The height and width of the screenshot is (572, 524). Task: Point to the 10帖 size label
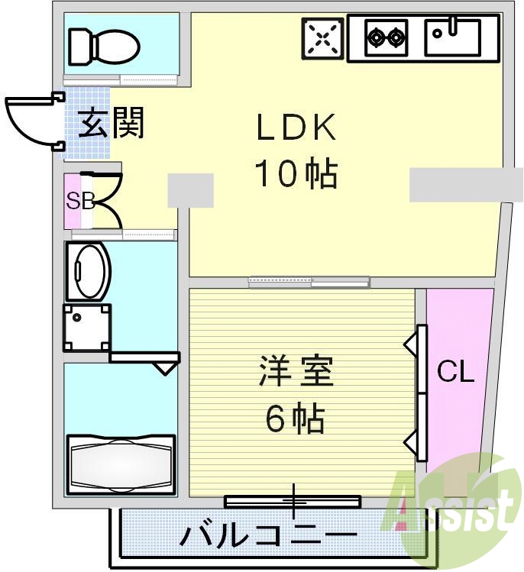tap(296, 175)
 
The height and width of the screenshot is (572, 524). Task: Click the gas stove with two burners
tap(385, 36)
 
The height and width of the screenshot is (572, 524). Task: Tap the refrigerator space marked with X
tap(321, 37)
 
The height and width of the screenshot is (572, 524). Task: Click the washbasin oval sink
tap(89, 271)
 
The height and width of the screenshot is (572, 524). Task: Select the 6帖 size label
tap(296, 418)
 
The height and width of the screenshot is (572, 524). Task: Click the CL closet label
tap(456, 373)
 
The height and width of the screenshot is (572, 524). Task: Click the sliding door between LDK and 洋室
tap(309, 282)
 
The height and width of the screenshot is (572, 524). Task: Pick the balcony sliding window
tap(293, 501)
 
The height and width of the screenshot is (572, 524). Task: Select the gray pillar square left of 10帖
tap(190, 190)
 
